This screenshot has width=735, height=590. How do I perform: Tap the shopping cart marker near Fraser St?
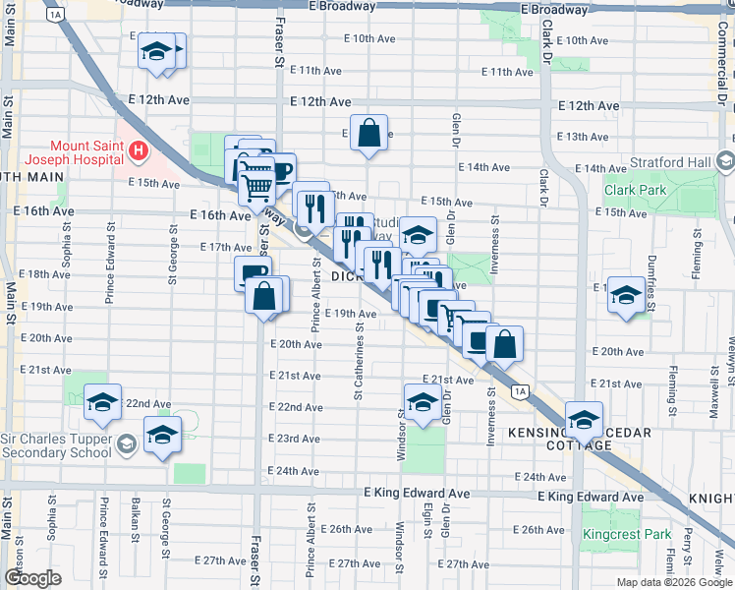(257, 182)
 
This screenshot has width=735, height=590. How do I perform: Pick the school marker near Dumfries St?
(626, 295)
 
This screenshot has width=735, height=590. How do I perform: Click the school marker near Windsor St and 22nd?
(422, 402)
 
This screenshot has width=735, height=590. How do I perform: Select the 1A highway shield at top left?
(55, 15)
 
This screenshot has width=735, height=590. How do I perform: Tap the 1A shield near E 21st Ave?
(520, 391)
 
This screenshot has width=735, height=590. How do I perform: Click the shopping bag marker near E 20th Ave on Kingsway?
(504, 344)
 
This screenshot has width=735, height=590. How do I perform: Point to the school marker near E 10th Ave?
(156, 52)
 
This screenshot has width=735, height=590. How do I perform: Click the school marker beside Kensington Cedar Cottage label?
(584, 420)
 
